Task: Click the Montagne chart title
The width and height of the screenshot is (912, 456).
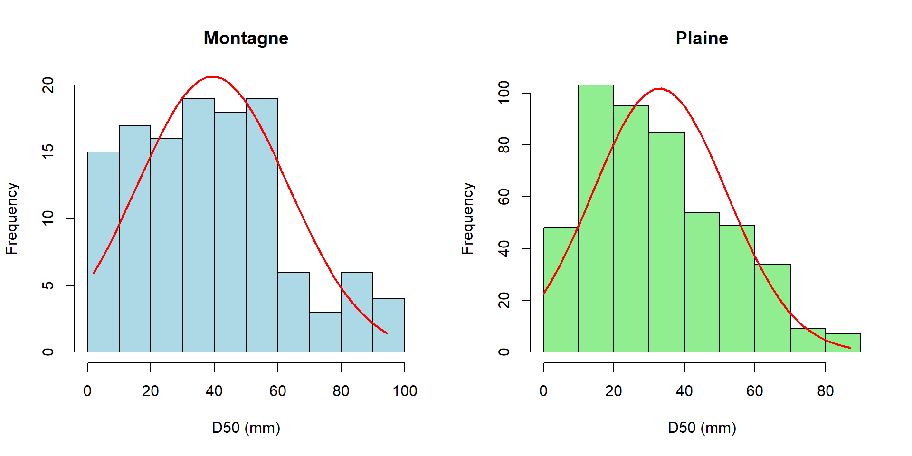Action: pos(246,38)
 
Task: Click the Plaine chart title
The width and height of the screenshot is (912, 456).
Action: pos(702,38)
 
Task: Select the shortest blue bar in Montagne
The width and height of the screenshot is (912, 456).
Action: pos(325,332)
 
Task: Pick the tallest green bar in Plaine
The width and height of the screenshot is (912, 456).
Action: pos(596,218)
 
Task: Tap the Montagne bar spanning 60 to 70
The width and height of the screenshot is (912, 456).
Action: pos(294,312)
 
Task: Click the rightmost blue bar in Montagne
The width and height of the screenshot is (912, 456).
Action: pos(389,325)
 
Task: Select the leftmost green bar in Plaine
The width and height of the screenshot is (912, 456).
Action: pos(561,290)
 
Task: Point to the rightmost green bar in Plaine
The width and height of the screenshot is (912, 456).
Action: pos(843,343)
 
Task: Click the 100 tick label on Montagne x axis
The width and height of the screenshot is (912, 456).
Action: pos(405,391)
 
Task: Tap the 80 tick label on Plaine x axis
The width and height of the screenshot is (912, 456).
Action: pos(826,391)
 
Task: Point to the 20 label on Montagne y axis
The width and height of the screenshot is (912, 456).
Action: pos(48,85)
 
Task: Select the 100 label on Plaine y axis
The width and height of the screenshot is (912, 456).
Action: pos(504,93)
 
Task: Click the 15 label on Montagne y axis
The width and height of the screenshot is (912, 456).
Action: pos(48,152)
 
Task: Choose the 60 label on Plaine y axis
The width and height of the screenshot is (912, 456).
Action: pos(504,197)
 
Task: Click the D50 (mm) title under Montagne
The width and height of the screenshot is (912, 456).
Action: pos(246,427)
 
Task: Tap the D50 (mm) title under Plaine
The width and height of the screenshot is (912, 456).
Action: pos(702,427)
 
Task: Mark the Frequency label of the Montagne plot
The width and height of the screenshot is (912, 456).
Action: pos(11,218)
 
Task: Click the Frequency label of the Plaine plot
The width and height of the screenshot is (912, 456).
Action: pos(467,218)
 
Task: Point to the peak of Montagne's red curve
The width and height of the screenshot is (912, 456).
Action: pos(212,76)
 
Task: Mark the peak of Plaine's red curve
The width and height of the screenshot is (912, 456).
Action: pos(660,89)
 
